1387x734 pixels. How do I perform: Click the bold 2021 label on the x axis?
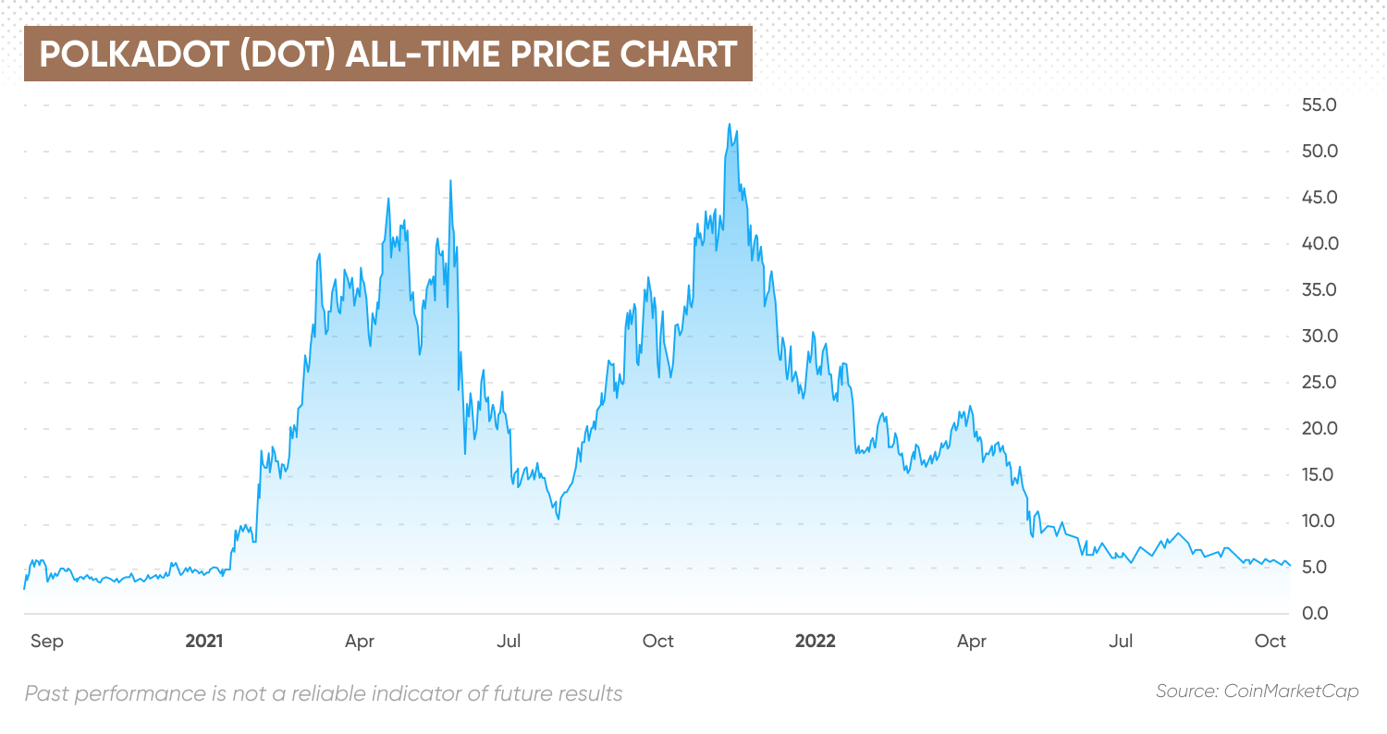tap(204, 641)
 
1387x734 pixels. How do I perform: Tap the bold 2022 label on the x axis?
tap(816, 641)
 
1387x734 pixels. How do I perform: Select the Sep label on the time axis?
tap(46, 641)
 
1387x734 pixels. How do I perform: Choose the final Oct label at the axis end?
tap(1270, 641)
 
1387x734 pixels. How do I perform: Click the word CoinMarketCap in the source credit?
tap(1292, 691)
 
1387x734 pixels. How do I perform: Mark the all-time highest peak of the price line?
tap(729, 124)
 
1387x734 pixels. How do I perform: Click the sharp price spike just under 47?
tap(450, 180)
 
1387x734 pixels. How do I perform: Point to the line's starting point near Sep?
tap(25, 588)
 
